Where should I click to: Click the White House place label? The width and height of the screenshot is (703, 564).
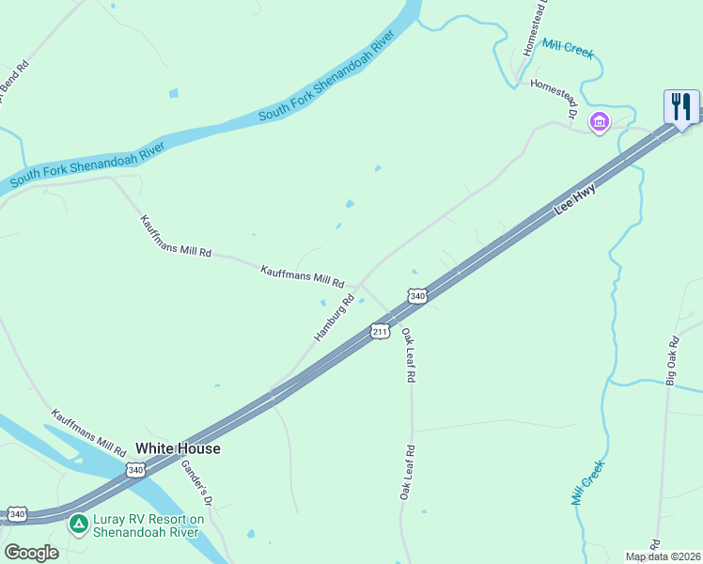(x=178, y=448)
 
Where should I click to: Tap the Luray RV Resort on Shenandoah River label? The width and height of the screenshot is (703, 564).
(x=148, y=525)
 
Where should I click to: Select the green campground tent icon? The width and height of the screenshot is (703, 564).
(x=79, y=523)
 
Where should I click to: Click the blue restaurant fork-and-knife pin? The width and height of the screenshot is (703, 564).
(x=681, y=106)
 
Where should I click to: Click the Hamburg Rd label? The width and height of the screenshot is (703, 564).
(x=334, y=318)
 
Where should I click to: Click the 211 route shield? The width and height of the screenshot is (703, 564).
(x=380, y=332)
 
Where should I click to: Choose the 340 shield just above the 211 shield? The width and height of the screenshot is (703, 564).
(x=418, y=296)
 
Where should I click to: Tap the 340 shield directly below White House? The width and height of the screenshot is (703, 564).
(x=135, y=469)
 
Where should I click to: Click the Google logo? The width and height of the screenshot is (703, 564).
(x=31, y=553)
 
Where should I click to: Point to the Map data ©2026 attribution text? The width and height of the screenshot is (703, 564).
(x=664, y=556)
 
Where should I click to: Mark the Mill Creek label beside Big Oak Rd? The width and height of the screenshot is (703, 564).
(x=588, y=483)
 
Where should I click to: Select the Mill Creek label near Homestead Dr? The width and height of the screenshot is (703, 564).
(x=568, y=49)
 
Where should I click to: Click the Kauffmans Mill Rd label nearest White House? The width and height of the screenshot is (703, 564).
(x=88, y=432)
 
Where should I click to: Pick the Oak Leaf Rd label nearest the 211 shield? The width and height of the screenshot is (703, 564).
(x=408, y=354)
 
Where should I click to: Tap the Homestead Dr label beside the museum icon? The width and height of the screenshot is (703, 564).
(x=553, y=97)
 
